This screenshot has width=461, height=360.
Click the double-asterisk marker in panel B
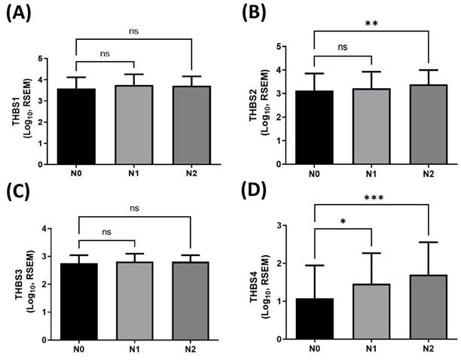pyautogui.click(x=371, y=23)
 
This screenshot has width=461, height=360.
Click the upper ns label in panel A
pyautogui.click(x=135, y=32)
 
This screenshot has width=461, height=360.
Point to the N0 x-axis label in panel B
pyautogui.click(x=317, y=174)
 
